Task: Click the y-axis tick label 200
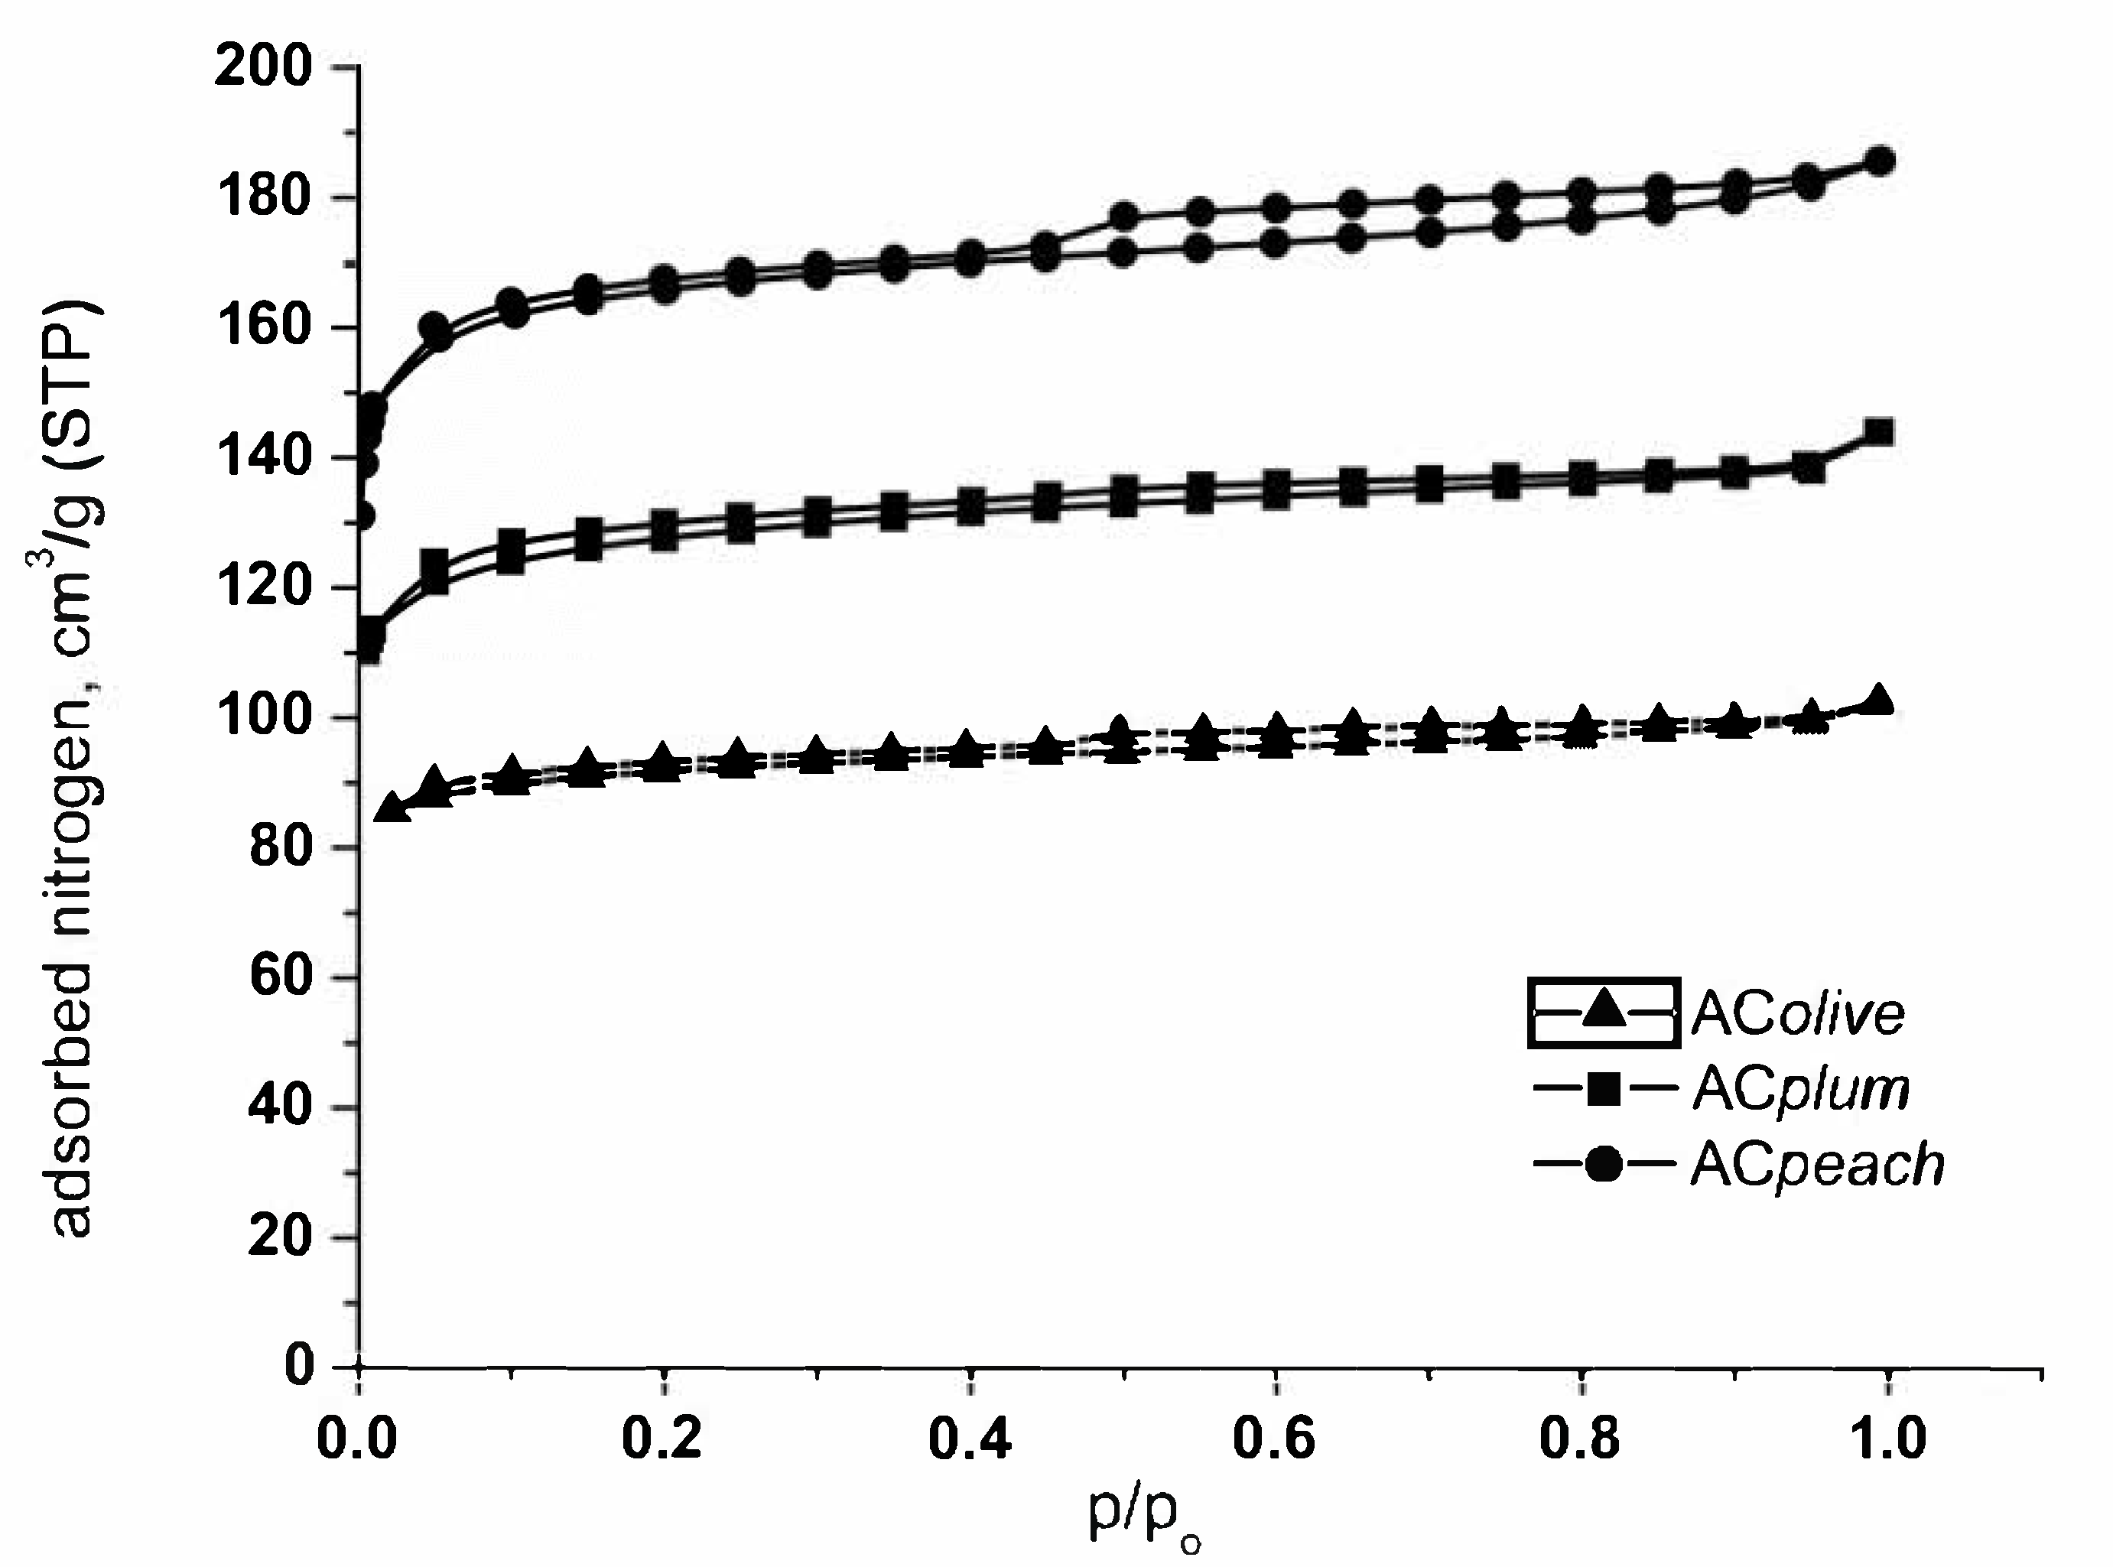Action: click(263, 68)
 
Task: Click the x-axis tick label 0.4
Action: click(968, 1438)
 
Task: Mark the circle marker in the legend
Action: click(1604, 1163)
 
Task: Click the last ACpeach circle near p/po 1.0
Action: click(1880, 161)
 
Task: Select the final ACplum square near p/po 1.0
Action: click(1880, 434)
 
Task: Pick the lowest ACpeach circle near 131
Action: click(363, 516)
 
